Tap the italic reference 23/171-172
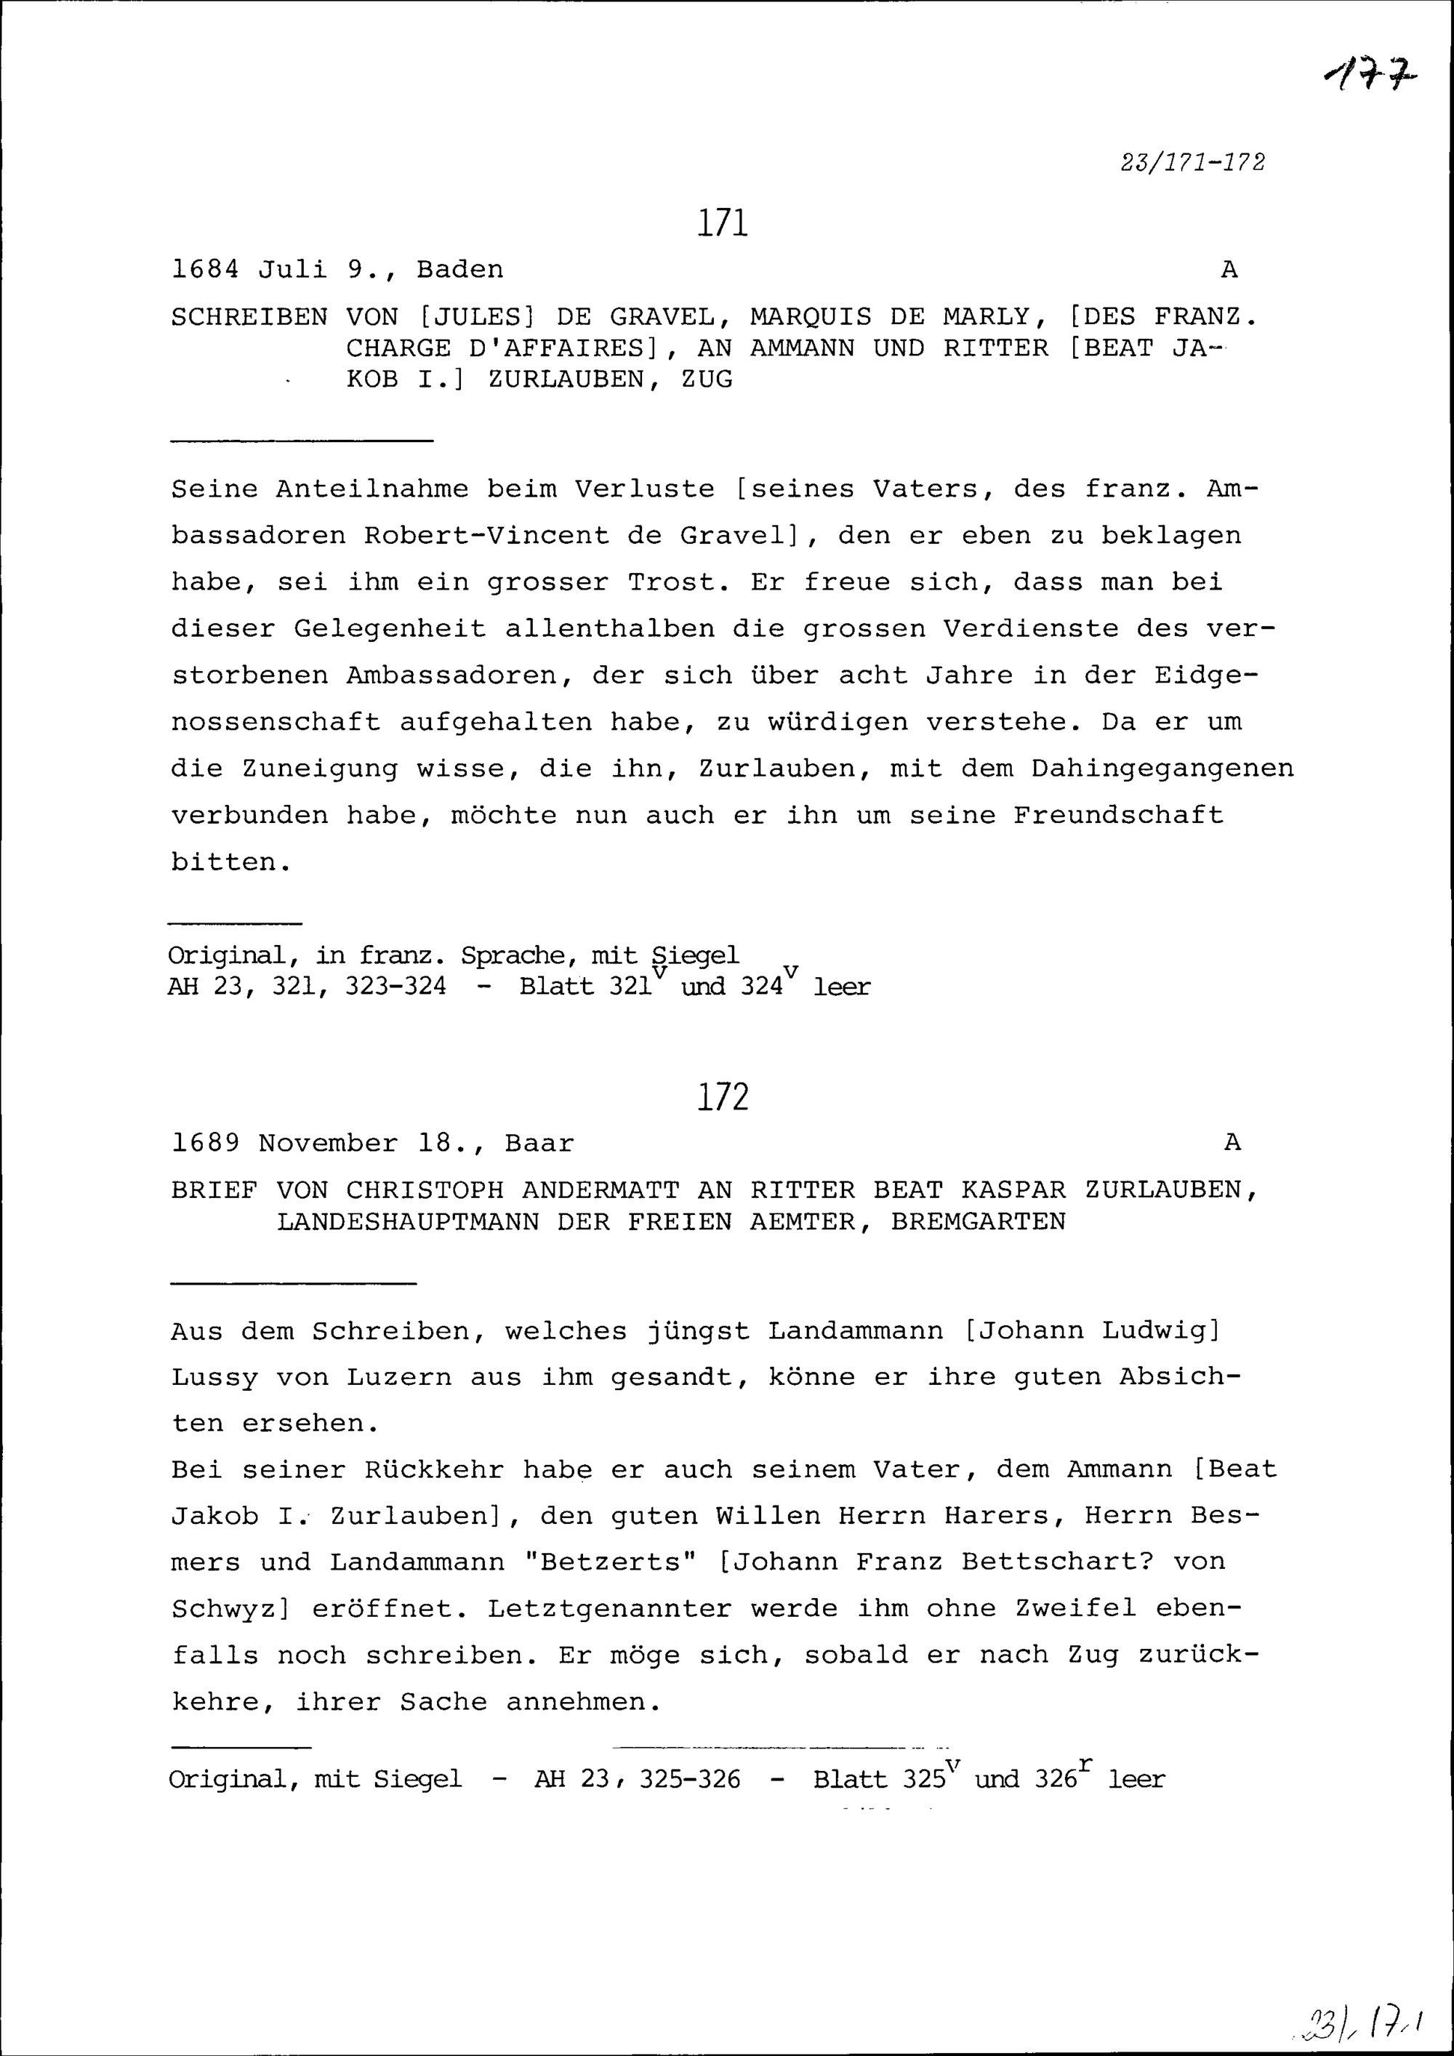[x=1192, y=162]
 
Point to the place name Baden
[x=459, y=270]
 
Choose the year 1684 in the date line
[x=205, y=270]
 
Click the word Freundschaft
[x=1118, y=815]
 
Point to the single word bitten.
[x=229, y=862]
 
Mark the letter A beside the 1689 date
[x=1232, y=1143]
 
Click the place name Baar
[x=539, y=1144]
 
